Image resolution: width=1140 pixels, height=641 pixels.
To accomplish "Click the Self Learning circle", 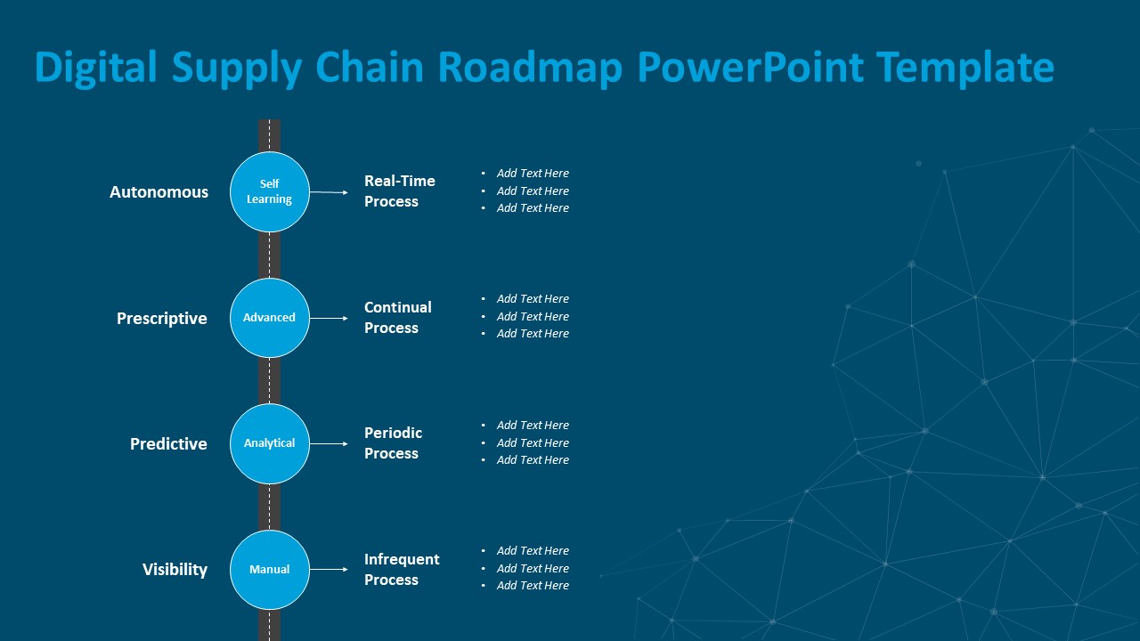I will (x=269, y=191).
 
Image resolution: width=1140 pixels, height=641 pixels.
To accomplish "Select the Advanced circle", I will (x=269, y=318).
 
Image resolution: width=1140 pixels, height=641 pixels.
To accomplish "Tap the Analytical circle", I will (x=269, y=443).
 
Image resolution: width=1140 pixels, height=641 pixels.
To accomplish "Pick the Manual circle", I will (x=269, y=570).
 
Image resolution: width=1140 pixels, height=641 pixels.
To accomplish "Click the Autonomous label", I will (x=159, y=192).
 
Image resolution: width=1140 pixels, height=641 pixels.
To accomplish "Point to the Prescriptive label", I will (x=161, y=319).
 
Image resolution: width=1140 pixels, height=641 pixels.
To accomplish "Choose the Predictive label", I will (x=168, y=444).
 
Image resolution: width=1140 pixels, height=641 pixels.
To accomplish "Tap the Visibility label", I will (x=175, y=570).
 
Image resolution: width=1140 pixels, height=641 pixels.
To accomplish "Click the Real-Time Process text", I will (x=399, y=191).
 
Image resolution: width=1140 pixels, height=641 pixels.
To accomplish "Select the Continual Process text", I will (x=397, y=318).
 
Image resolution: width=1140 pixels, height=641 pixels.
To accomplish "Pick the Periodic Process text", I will (x=393, y=443).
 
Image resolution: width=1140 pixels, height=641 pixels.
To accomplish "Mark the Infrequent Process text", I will (x=402, y=570).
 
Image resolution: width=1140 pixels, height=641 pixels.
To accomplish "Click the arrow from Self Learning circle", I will (x=329, y=192).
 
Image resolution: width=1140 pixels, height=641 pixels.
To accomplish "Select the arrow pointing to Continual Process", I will (x=329, y=318).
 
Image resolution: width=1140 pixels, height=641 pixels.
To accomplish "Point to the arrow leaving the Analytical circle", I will (x=329, y=443).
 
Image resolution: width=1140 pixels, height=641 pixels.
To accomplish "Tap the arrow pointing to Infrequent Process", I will (x=329, y=570).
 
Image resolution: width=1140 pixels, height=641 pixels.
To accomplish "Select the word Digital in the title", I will (x=96, y=68).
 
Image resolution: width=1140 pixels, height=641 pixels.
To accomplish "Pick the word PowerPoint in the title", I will (x=751, y=68).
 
